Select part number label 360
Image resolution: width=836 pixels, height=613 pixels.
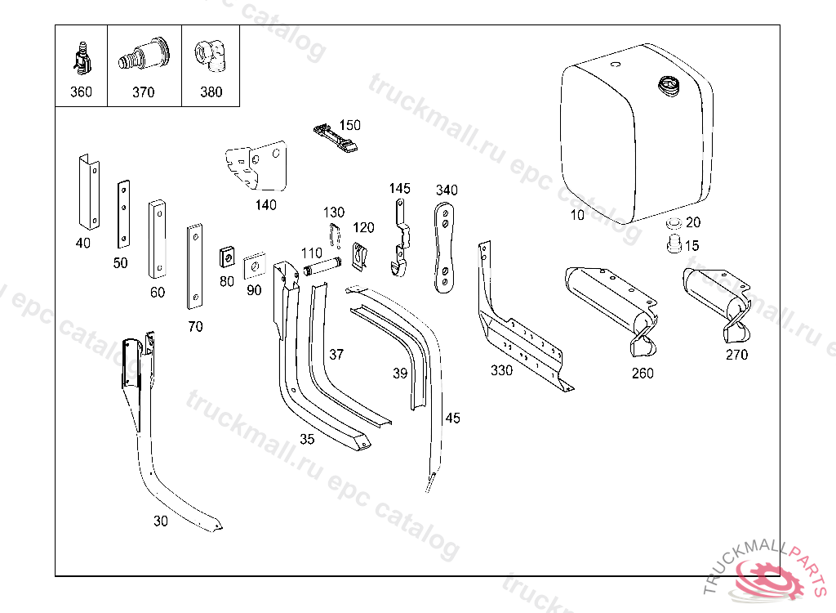pyautogui.click(x=81, y=92)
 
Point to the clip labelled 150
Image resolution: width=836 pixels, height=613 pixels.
pyautogui.click(x=334, y=136)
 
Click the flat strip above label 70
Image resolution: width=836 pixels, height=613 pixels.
pyautogui.click(x=194, y=266)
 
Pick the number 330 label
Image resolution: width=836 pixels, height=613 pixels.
pyautogui.click(x=501, y=370)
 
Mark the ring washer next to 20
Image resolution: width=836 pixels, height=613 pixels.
pyautogui.click(x=674, y=223)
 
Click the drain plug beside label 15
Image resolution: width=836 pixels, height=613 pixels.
pyautogui.click(x=674, y=244)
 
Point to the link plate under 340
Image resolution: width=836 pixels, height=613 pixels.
pyautogui.click(x=445, y=248)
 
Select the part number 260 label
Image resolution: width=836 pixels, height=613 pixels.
pyautogui.click(x=643, y=374)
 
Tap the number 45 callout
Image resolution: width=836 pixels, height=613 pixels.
pyautogui.click(x=452, y=418)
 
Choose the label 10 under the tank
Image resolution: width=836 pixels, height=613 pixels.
pyautogui.click(x=577, y=216)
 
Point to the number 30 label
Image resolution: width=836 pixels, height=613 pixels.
pyautogui.click(x=161, y=521)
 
